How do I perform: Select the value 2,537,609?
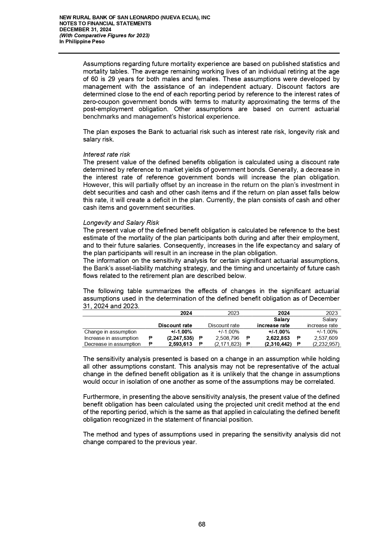[x=324, y=338]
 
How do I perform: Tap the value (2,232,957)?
[x=326, y=344]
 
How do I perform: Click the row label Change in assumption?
[x=110, y=332]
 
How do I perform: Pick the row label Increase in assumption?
[x=111, y=338]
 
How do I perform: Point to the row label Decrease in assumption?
[x=112, y=344]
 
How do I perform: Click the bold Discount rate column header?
[x=175, y=325]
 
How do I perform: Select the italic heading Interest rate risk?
[x=106, y=154]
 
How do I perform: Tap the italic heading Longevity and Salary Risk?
[x=121, y=223]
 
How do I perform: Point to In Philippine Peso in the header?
[x=82, y=41]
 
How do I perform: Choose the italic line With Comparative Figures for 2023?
[x=105, y=35]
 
